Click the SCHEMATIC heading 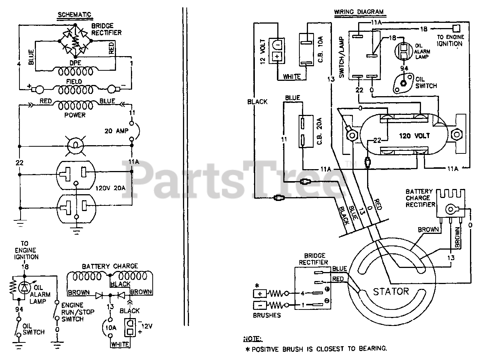[74, 15]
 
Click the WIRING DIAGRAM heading [359, 12]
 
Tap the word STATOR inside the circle [391, 292]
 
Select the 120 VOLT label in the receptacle [414, 136]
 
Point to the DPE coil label [75, 63]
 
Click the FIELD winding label [74, 82]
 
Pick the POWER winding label [75, 115]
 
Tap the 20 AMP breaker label [116, 131]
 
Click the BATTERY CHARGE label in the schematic [110, 266]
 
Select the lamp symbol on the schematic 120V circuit [76, 145]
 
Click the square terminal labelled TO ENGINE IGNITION [456, 28]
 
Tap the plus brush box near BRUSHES [260, 294]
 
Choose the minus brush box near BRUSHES [260, 305]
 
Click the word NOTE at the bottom [253, 339]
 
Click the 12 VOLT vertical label [263, 52]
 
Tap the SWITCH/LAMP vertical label [342, 57]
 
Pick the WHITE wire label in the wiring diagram [292, 77]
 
